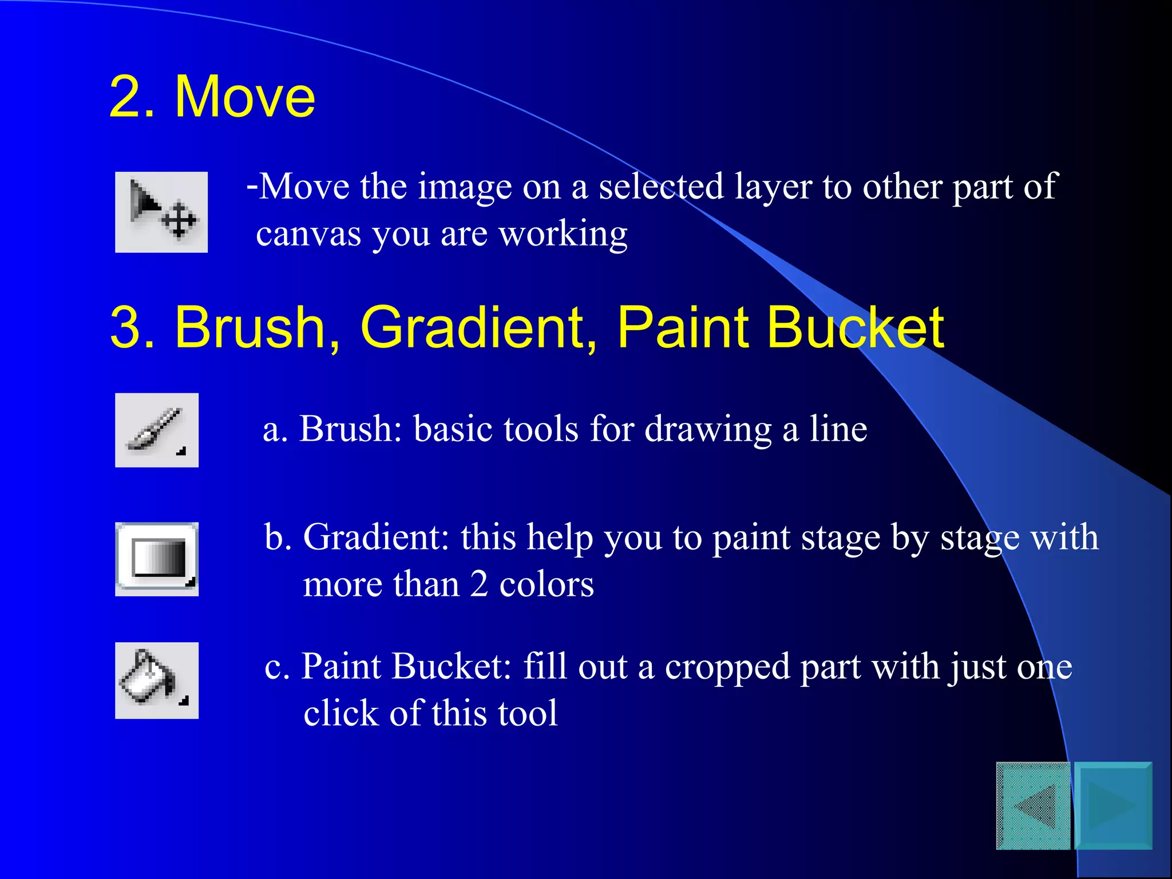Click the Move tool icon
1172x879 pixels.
(161, 212)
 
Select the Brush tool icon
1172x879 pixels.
(157, 430)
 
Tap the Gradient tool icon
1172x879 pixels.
(157, 559)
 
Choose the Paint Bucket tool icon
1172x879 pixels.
(157, 680)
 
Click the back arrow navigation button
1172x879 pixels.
(1033, 806)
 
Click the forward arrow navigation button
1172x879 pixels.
(1114, 806)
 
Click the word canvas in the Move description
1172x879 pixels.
(308, 235)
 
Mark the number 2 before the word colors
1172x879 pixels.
(479, 585)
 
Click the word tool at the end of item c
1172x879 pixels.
(527, 714)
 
